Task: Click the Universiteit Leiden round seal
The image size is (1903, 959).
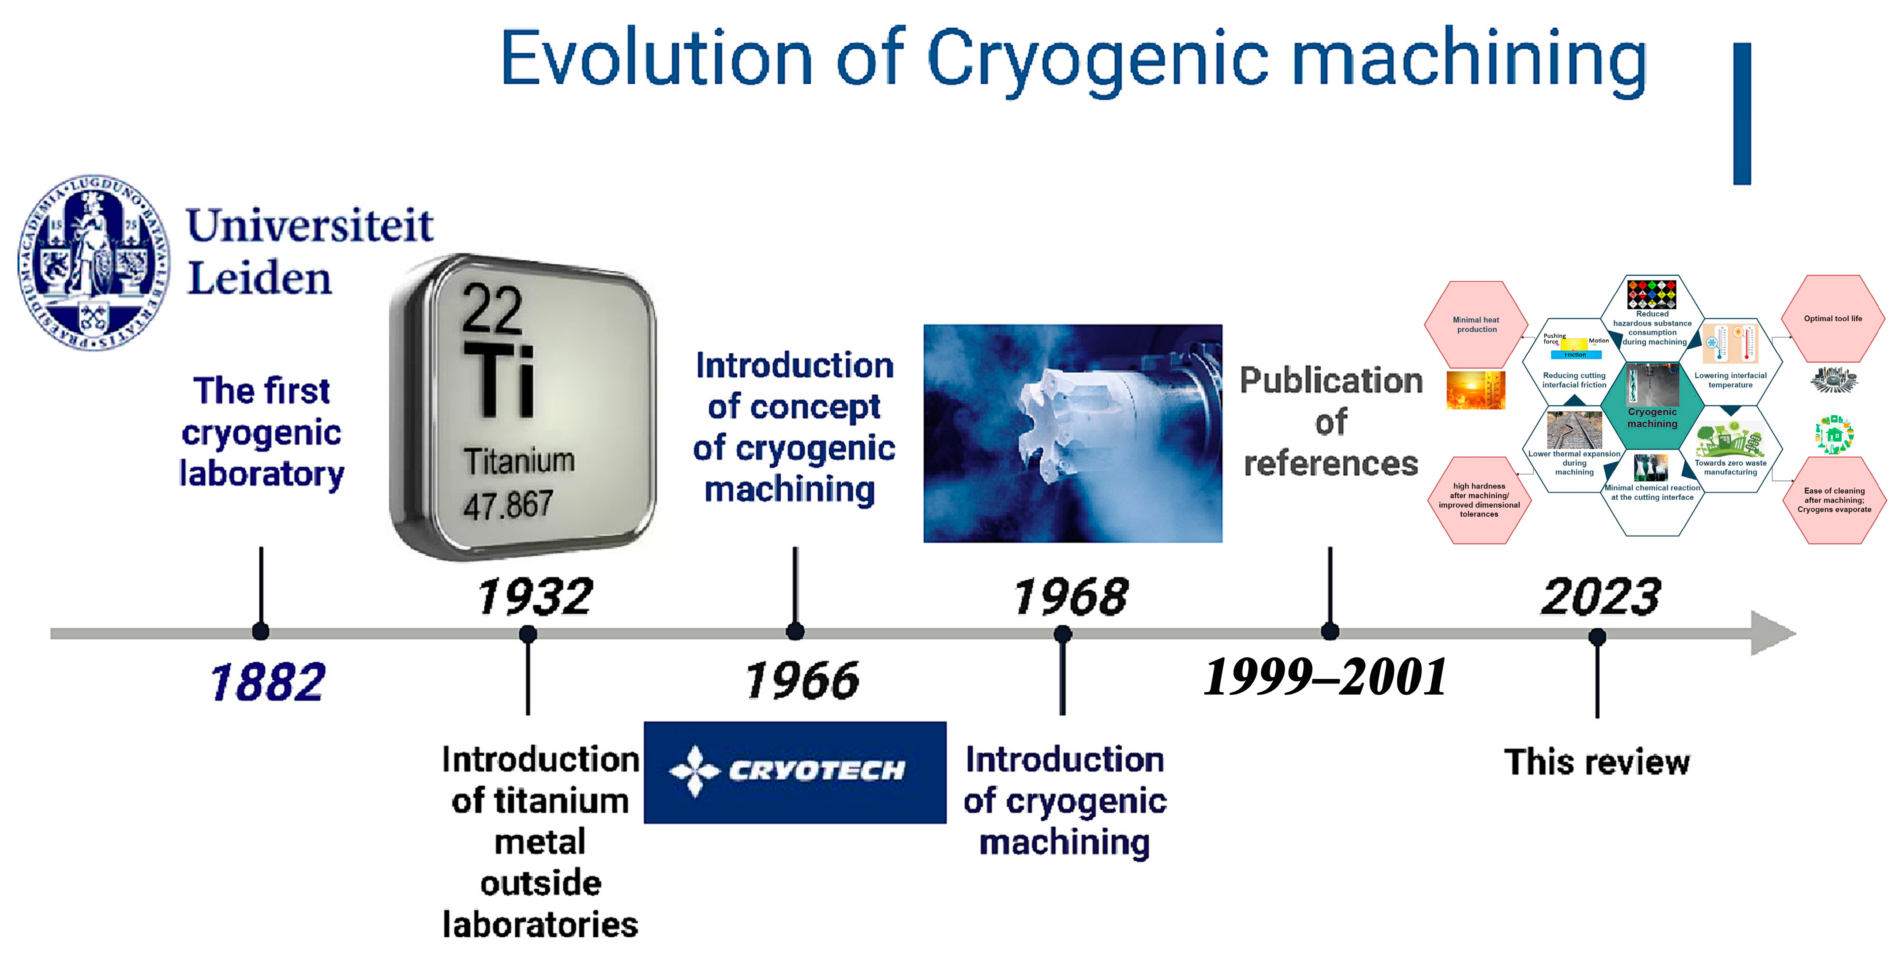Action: tap(94, 262)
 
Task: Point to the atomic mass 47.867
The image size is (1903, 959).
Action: tap(508, 505)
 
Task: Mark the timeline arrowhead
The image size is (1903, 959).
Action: tap(1773, 633)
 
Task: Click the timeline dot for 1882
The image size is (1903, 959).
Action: tap(261, 632)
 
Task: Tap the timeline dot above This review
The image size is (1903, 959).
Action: tap(1597, 636)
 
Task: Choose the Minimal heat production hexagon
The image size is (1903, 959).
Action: tap(1476, 325)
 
